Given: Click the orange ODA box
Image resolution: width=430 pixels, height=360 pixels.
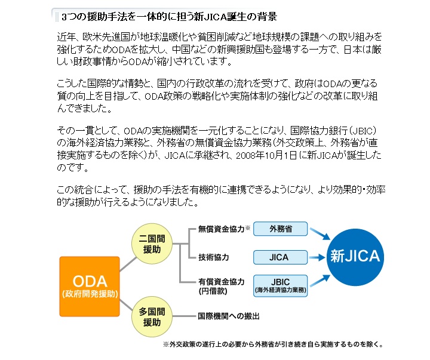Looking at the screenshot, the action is click(90, 287).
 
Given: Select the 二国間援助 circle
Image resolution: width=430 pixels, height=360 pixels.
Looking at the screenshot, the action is click(152, 244).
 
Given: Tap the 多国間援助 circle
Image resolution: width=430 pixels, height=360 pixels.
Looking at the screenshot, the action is click(152, 316).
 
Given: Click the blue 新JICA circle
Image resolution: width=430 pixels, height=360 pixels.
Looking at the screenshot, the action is click(355, 256).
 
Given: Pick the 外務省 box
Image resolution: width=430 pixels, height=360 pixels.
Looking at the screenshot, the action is click(280, 229).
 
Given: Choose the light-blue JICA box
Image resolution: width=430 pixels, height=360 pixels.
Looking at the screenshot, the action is click(280, 257).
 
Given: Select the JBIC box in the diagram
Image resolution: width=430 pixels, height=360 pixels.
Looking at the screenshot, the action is click(280, 286).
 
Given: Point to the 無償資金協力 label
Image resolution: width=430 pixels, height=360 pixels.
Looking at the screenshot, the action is click(221, 229).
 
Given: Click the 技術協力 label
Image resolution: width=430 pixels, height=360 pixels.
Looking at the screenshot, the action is click(213, 257).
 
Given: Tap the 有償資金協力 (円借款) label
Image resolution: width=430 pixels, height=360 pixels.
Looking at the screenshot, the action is click(221, 286).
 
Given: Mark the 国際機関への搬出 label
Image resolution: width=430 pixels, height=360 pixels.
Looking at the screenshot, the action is click(229, 316).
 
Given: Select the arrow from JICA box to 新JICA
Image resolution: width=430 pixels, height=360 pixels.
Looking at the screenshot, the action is click(317, 257).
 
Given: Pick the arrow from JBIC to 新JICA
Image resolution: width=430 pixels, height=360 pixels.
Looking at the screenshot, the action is click(320, 281).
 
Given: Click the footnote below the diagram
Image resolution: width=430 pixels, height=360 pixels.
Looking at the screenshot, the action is click(273, 344).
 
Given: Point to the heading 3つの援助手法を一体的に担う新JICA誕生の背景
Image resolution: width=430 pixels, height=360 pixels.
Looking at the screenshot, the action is click(169, 17).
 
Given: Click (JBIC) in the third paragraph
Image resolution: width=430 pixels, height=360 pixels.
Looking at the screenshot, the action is click(363, 131).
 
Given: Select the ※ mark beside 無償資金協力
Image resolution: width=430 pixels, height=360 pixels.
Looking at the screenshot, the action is click(248, 227).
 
